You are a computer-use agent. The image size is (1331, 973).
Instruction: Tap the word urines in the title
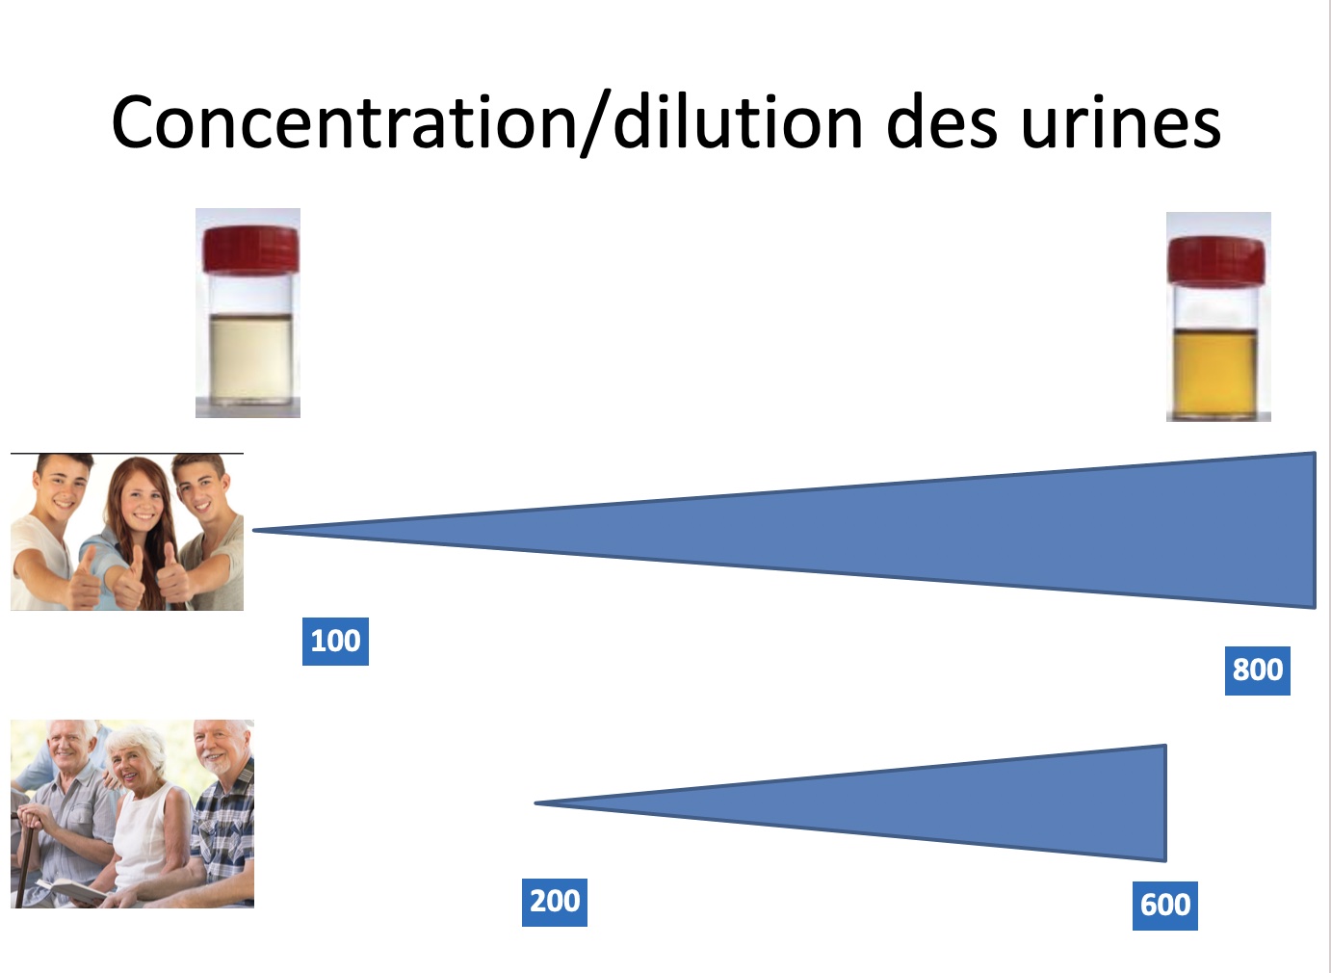coord(1121,122)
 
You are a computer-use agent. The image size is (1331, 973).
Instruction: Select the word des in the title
coord(941,120)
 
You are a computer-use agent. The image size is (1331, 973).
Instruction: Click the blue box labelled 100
coord(335,642)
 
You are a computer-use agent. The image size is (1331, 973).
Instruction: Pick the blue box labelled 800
coord(1257,671)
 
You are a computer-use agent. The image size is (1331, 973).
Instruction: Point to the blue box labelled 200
coord(555,903)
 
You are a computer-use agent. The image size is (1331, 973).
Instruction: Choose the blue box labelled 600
coord(1164,906)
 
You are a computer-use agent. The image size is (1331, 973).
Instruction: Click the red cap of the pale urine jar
coord(250,250)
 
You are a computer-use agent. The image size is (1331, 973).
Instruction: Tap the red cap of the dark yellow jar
coord(1215,260)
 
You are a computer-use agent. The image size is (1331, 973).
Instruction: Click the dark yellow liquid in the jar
coord(1215,372)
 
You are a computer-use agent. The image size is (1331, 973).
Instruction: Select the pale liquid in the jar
coord(250,359)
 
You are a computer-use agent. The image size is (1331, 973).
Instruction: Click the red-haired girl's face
coord(141,497)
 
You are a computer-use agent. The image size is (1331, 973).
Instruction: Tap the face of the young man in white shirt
coord(60,488)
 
